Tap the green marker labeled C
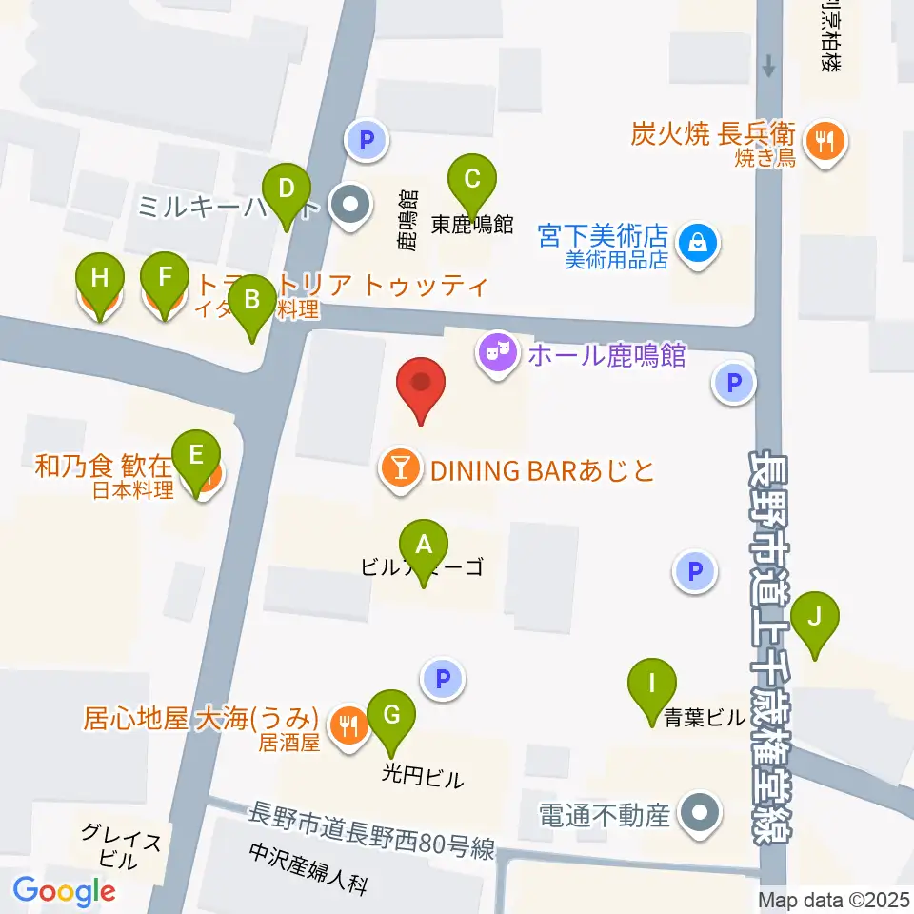click(x=472, y=178)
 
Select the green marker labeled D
click(x=287, y=188)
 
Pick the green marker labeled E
click(x=196, y=455)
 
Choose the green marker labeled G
click(x=390, y=713)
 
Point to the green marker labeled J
click(x=815, y=616)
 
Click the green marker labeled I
click(x=652, y=685)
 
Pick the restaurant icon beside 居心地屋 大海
click(x=347, y=725)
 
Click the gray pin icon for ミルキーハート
click(x=349, y=204)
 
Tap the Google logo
click(x=64, y=891)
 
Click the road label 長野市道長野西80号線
click(x=371, y=831)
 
